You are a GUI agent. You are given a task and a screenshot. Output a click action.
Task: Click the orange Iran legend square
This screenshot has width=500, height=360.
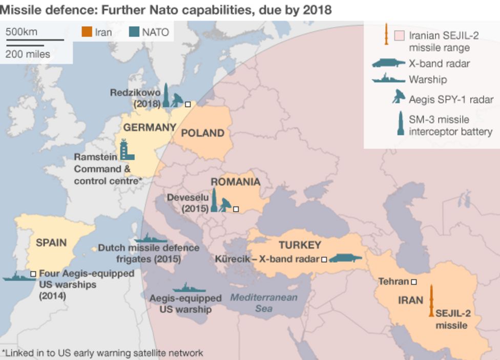pyautogui.click(x=86, y=33)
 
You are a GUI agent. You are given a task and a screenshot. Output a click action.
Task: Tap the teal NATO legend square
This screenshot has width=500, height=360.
pyautogui.click(x=134, y=33)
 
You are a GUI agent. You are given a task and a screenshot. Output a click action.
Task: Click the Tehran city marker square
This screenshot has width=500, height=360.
pyautogui.click(x=413, y=282)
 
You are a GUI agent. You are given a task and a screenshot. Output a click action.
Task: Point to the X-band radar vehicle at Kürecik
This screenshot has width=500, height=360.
pyautogui.click(x=345, y=258)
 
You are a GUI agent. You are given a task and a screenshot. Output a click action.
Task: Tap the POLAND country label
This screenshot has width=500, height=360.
pyautogui.click(x=203, y=133)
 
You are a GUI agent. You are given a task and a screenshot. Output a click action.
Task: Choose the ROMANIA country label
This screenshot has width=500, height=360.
pyautogui.click(x=235, y=182)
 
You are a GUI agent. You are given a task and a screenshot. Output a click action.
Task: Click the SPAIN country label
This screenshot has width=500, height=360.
pyautogui.click(x=51, y=242)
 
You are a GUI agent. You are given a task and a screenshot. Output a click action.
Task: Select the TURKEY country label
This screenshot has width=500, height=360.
pyautogui.click(x=300, y=245)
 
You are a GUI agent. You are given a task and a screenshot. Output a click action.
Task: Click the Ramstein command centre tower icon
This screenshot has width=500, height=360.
pyautogui.click(x=126, y=149)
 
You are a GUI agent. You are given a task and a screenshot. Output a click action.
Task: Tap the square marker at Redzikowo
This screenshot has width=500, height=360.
pyautogui.click(x=188, y=103)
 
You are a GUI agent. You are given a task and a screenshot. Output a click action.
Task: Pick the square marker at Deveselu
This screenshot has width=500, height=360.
pyautogui.click(x=236, y=209)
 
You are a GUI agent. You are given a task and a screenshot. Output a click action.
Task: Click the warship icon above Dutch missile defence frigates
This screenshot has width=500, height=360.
pyautogui.click(x=150, y=239)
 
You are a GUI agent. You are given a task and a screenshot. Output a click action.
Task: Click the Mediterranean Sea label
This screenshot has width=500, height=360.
pyautogui.click(x=263, y=303)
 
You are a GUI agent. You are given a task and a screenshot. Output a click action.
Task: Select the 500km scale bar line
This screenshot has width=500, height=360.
pyautogui.click(x=35, y=39)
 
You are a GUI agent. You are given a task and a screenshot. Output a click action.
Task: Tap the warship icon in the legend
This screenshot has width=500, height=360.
pyautogui.click(x=388, y=79)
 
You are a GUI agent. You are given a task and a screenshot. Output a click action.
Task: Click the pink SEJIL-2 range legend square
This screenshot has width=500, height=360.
pyautogui.click(x=400, y=36)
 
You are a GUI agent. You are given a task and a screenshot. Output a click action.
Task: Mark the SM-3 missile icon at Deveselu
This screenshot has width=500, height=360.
pyautogui.click(x=214, y=200)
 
